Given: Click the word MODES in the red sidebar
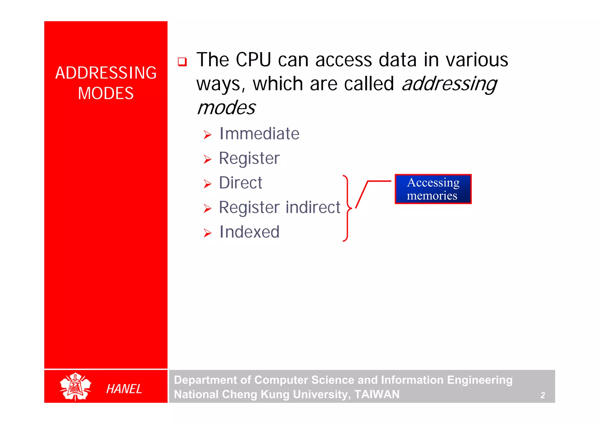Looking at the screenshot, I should pos(106,93).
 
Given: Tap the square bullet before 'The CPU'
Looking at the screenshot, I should pos(182,62).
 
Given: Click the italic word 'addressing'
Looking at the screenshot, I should pos(449,84).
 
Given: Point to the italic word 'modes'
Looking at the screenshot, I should pos(226,108).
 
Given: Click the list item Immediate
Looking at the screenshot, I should pos(259,134).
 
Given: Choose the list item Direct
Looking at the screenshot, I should pos(241,183).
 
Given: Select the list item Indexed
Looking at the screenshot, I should pos(249,232).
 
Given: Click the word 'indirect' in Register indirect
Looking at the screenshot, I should pos(313,207).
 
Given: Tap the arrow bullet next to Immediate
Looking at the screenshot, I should pos(207,135).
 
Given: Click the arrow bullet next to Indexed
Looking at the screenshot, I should pos(207,233).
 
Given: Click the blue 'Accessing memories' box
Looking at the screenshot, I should pos(433,189).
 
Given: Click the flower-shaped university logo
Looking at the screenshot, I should pos(75,387).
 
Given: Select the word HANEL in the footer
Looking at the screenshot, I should pos(124,389).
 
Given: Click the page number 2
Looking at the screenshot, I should pos(543,395).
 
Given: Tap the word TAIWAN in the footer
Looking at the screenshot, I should pos(377,394).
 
